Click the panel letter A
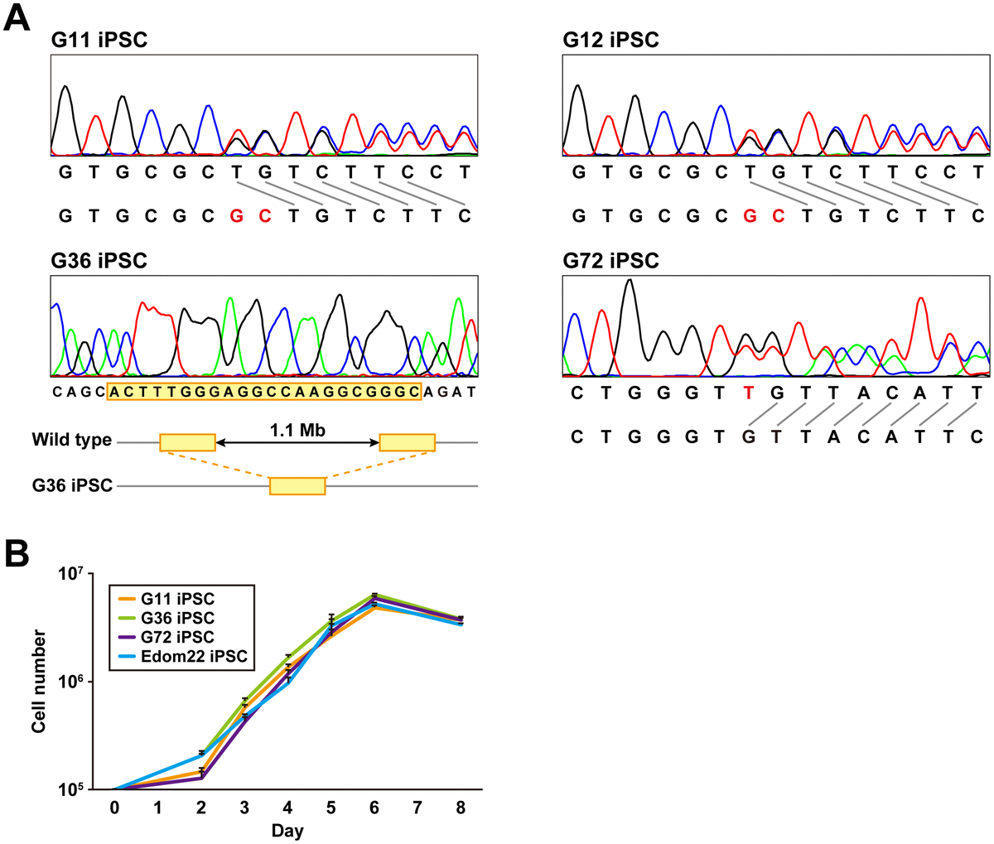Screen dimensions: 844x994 (x=18, y=18)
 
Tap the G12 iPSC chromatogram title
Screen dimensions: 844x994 (x=610, y=40)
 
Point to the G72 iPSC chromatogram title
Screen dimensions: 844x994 (x=610, y=262)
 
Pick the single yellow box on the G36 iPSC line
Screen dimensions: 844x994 (x=297, y=486)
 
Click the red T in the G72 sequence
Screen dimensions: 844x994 (x=749, y=393)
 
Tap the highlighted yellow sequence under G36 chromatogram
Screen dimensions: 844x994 (x=264, y=392)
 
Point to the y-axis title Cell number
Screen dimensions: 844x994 (x=38, y=681)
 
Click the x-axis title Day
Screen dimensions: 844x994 (x=287, y=831)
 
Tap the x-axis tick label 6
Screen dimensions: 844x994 (x=374, y=808)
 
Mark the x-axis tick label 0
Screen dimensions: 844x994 (x=114, y=808)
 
